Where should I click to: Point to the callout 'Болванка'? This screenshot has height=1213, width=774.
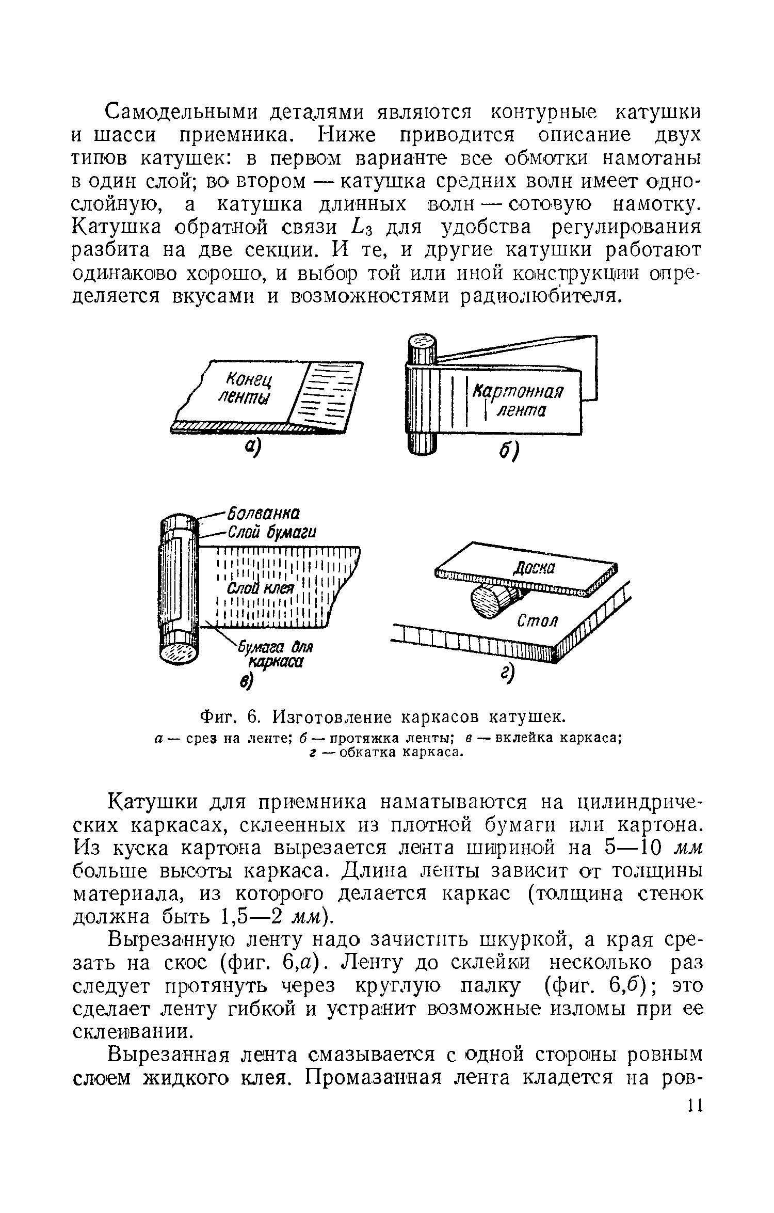[263, 514]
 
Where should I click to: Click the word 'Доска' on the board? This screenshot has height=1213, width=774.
[534, 568]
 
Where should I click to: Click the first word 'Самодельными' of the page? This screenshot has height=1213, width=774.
[182, 112]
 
